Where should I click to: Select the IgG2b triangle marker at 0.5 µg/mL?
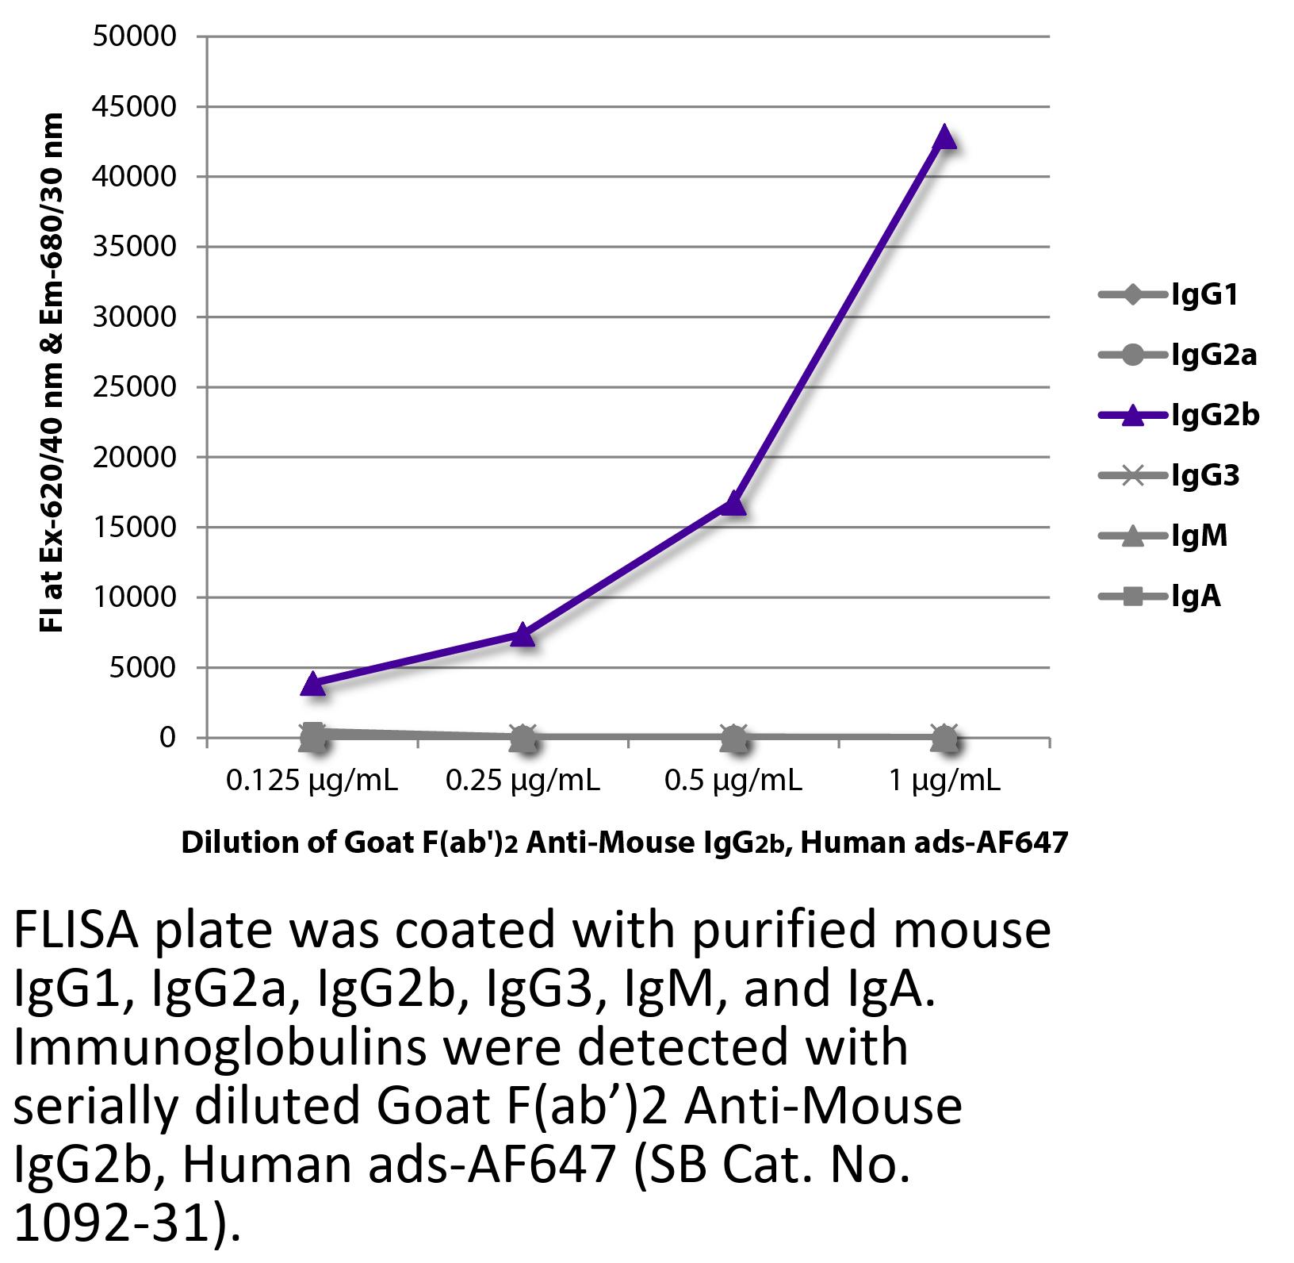[x=733, y=504]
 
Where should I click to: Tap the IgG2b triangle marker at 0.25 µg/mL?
[x=523, y=634]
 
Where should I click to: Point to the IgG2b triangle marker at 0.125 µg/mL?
[x=312, y=684]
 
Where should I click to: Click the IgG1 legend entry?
[x=1170, y=296]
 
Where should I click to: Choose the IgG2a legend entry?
[x=1178, y=355]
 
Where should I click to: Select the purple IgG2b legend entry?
[x=1179, y=415]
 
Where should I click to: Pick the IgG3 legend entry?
[x=1170, y=475]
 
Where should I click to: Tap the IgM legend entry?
[x=1164, y=536]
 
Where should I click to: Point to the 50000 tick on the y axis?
[x=134, y=36]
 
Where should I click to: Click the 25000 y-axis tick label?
[x=134, y=387]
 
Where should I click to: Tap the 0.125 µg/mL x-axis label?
[x=312, y=781]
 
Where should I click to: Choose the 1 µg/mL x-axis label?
[x=944, y=781]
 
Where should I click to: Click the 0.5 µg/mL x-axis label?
[x=733, y=781]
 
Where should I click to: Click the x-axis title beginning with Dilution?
[x=625, y=843]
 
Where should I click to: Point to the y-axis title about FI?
[x=52, y=373]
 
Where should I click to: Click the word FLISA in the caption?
[x=77, y=930]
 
